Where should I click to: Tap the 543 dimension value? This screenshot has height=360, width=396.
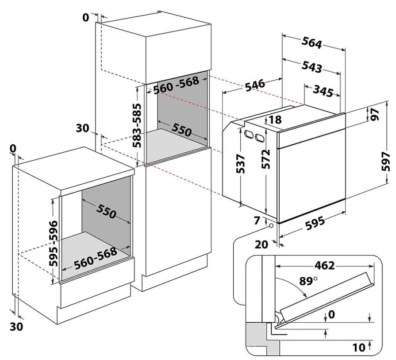(x=312, y=67)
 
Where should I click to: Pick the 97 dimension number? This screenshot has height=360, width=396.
(x=375, y=114)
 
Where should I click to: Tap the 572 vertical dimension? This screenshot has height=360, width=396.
(x=265, y=159)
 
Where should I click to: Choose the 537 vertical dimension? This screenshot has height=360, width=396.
(x=241, y=163)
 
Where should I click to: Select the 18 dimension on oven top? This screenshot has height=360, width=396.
(x=275, y=120)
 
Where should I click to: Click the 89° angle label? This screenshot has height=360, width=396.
(x=308, y=281)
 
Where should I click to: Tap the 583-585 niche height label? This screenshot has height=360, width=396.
(x=137, y=125)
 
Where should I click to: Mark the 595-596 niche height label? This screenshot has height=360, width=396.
(x=54, y=244)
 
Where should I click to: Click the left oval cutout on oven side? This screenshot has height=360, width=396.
(x=249, y=135)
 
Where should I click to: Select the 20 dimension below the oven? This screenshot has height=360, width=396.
(x=261, y=244)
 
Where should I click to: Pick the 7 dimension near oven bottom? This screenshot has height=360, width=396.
(x=257, y=221)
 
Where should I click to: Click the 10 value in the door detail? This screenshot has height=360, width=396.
(x=359, y=348)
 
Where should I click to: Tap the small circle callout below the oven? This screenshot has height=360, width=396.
(x=272, y=226)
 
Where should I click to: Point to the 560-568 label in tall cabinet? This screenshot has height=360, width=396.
(x=176, y=85)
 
